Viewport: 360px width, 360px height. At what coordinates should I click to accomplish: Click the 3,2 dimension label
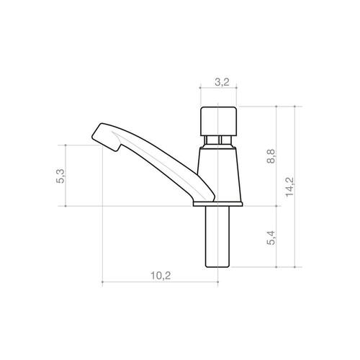(x=222, y=82)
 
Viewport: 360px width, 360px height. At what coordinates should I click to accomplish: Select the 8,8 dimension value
(x=271, y=156)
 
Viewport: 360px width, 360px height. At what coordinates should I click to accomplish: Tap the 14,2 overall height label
(x=289, y=186)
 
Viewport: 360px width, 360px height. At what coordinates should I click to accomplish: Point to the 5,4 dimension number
(x=271, y=238)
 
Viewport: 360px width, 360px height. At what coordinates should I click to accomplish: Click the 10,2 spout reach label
(x=161, y=276)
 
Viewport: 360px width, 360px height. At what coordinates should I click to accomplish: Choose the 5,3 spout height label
(x=60, y=176)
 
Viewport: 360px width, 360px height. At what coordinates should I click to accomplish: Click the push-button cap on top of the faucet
(x=218, y=121)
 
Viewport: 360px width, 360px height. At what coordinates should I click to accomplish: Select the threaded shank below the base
(x=217, y=237)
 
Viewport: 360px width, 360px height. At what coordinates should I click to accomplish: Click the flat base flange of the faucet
(x=217, y=204)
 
